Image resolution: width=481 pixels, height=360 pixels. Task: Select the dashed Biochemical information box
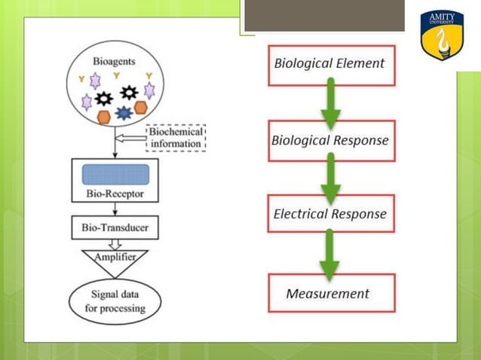pyautogui.click(x=175, y=137)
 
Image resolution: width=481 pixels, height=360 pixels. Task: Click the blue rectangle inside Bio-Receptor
pyautogui.click(x=114, y=174)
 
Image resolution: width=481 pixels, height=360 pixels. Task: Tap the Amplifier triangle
pyautogui.click(x=114, y=259)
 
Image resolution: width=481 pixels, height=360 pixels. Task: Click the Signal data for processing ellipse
pyautogui.click(x=115, y=301)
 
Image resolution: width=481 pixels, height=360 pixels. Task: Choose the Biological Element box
pyautogui.click(x=329, y=63)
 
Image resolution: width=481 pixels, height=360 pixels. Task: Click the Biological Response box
pyautogui.click(x=329, y=141)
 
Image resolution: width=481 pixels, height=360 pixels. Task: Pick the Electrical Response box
pyautogui.click(x=329, y=214)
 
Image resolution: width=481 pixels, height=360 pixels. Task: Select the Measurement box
pyautogui.click(x=328, y=293)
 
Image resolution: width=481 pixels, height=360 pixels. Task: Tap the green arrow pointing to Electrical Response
pyautogui.click(x=329, y=178)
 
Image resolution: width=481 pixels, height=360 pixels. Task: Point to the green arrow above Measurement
pyautogui.click(x=329, y=254)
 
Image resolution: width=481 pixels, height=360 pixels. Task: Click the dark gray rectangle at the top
pyautogui.click(x=324, y=15)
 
